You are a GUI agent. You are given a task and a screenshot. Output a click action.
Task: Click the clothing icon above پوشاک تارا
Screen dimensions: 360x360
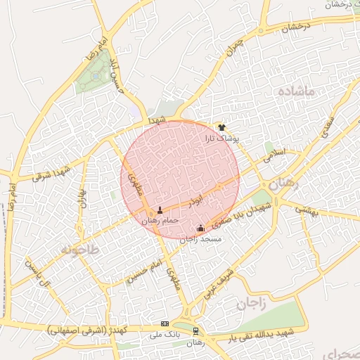[222, 127]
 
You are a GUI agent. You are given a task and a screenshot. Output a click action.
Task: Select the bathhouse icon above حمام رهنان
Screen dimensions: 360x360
[160, 210]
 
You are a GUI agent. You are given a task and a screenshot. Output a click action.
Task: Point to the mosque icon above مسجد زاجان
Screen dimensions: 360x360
[201, 228]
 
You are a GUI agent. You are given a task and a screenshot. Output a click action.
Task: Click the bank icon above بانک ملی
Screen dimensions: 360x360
[165, 323]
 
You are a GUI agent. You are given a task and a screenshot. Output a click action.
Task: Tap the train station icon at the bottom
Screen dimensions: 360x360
[195, 330]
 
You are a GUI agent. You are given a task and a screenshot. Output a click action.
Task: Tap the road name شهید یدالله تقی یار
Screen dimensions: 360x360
[266, 335]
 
